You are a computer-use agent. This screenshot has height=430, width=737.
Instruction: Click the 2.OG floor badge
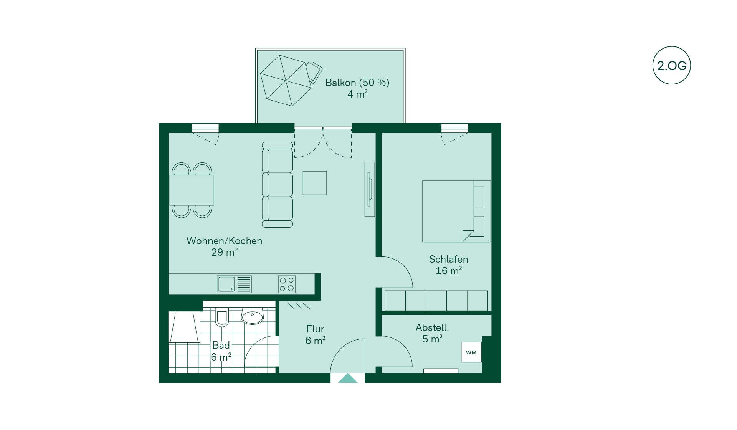(671, 66)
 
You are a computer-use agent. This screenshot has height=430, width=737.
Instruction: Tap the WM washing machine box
(471, 352)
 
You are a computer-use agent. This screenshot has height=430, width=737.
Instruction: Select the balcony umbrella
(286, 81)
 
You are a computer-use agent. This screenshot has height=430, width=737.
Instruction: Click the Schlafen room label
(448, 259)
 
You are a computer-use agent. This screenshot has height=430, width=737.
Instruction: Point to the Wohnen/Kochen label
(224, 241)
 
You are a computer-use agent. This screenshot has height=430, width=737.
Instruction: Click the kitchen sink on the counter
(226, 284)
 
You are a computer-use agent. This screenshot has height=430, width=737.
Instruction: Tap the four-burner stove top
(287, 284)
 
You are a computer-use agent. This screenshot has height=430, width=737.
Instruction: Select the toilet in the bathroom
(221, 317)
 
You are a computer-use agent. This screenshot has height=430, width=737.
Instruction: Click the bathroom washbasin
(252, 316)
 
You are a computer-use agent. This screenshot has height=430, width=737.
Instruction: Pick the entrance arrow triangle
(348, 378)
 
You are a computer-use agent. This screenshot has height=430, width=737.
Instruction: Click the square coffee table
(315, 183)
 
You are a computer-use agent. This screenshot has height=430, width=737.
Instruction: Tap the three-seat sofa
(277, 185)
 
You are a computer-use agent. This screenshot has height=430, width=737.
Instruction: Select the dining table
(192, 190)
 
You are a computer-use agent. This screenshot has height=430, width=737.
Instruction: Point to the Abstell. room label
(432, 327)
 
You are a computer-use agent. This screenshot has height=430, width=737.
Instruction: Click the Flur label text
(315, 329)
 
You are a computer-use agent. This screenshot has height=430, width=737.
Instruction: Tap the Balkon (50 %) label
(357, 83)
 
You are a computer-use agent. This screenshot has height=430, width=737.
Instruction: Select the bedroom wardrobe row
(436, 301)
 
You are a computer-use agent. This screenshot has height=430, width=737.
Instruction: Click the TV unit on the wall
(370, 189)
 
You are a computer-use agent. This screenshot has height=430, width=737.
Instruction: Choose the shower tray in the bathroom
(185, 327)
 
